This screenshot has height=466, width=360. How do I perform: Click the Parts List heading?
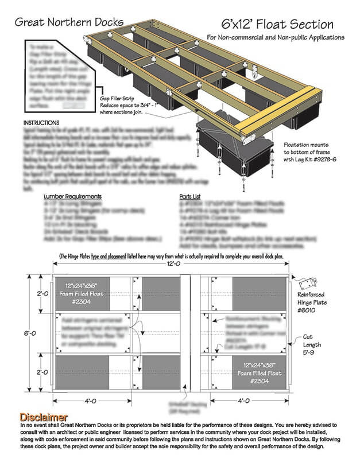click(192, 196)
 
